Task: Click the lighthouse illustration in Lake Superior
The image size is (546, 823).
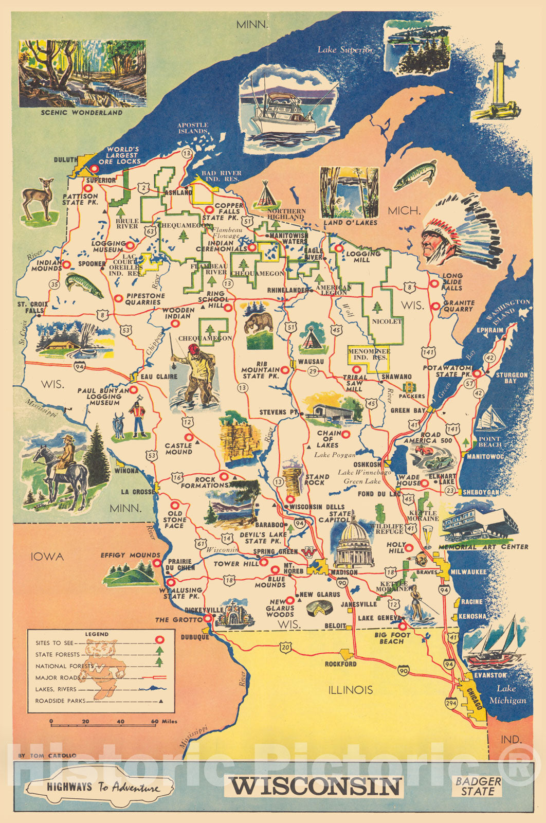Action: coord(499,82)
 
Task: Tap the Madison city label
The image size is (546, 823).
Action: coord(344,572)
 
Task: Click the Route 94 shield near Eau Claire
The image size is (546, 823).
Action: coord(80,366)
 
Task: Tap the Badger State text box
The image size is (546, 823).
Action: coord(478,786)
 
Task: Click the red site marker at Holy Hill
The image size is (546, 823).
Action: coord(409,547)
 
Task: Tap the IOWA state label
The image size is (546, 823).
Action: coord(47,557)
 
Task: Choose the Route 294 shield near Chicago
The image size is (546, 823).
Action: coord(451,703)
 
